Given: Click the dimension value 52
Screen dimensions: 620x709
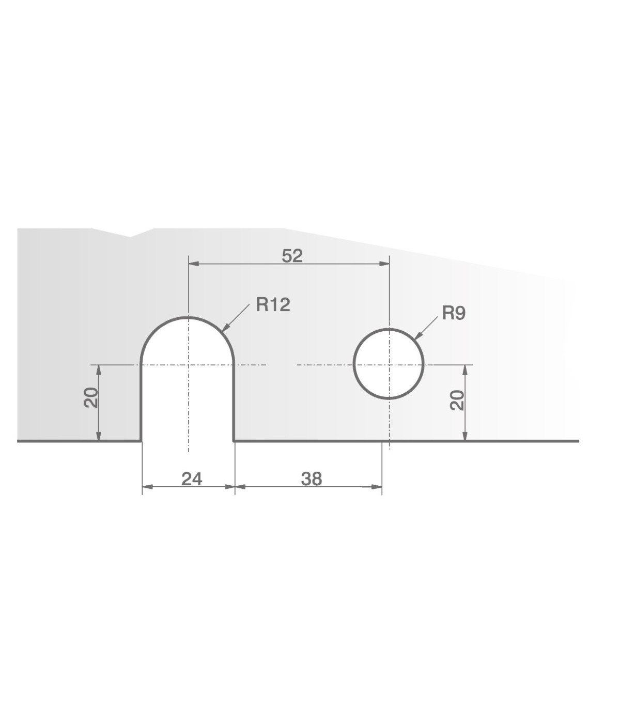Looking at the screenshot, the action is pyautogui.click(x=292, y=256).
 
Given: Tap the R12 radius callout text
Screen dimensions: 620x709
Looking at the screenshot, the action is pyautogui.click(x=273, y=305).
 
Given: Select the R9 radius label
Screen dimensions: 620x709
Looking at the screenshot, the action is pyautogui.click(x=454, y=313).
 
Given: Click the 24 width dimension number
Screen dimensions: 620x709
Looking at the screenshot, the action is pyautogui.click(x=192, y=479).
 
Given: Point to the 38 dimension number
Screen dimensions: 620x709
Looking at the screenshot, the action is pyautogui.click(x=312, y=479).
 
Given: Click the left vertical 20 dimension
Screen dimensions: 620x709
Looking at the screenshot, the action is pyautogui.click(x=91, y=397).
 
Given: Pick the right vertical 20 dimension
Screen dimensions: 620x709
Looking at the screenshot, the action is pyautogui.click(x=457, y=400).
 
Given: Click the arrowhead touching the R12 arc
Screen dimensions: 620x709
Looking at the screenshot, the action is pyautogui.click(x=225, y=327).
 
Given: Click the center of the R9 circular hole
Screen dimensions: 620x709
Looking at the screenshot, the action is pyautogui.click(x=389, y=364).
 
